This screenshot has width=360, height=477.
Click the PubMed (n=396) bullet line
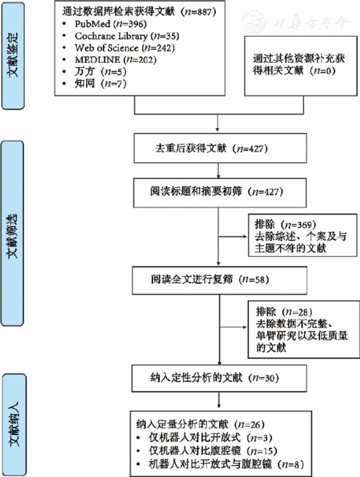[x=108, y=25]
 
